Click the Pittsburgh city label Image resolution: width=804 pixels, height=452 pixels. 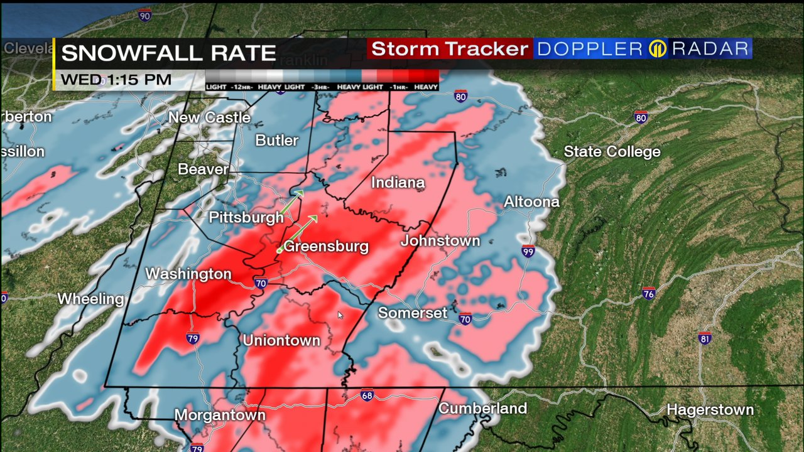(246, 217)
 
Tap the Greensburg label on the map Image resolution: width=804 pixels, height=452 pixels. (326, 246)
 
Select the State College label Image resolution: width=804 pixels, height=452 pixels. (612, 151)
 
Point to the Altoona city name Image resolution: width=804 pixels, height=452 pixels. (531, 202)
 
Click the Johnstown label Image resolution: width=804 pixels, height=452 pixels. (440, 240)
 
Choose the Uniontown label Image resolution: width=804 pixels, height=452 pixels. (281, 340)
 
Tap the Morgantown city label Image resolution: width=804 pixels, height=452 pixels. (220, 415)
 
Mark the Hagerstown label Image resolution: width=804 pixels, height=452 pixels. (710, 410)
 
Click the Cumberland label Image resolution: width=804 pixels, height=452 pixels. (482, 408)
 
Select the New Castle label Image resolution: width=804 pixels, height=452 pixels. (209, 117)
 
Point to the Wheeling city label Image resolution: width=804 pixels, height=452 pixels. (91, 299)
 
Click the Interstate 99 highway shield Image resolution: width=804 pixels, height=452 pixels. (528, 251)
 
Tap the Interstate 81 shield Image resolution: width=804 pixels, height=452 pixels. (705, 338)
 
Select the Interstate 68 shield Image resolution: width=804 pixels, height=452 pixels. (367, 395)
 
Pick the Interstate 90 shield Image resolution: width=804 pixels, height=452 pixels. (145, 15)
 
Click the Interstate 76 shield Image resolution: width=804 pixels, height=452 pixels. (649, 294)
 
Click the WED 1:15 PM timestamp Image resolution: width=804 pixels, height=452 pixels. (116, 80)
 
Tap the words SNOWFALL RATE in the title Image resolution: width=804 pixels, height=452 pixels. (168, 53)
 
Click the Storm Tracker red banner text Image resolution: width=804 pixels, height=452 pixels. (450, 49)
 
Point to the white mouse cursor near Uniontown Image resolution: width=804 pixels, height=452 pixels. (340, 315)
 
